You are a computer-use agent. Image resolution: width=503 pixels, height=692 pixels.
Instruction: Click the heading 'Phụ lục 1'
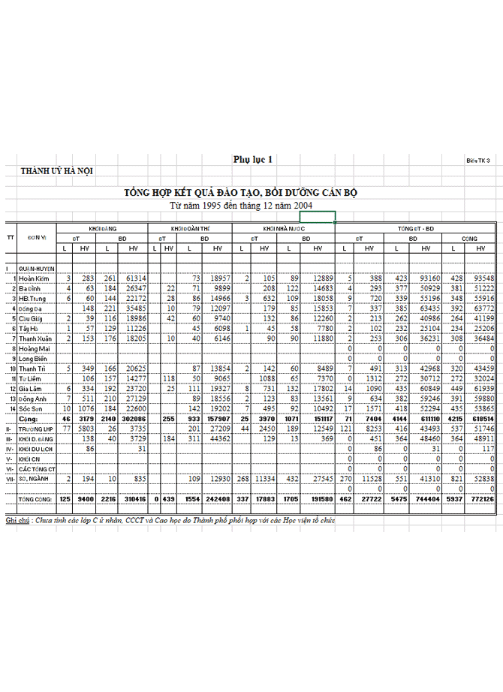(x=253, y=159)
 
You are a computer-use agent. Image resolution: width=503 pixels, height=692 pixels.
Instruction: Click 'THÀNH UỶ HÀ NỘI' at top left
(x=57, y=172)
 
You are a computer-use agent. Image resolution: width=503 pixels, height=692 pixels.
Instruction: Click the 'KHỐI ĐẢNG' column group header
(x=103, y=227)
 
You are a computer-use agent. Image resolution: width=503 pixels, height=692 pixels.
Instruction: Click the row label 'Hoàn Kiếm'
(x=35, y=278)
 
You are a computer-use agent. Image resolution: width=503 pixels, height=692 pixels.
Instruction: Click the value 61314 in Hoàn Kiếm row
(x=134, y=278)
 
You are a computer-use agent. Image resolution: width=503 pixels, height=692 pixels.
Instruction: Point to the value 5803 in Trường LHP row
(x=83, y=427)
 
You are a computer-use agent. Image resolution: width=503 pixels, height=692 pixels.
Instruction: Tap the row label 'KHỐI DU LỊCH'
(x=36, y=447)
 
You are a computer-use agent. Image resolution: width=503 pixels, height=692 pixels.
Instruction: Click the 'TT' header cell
(x=10, y=237)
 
